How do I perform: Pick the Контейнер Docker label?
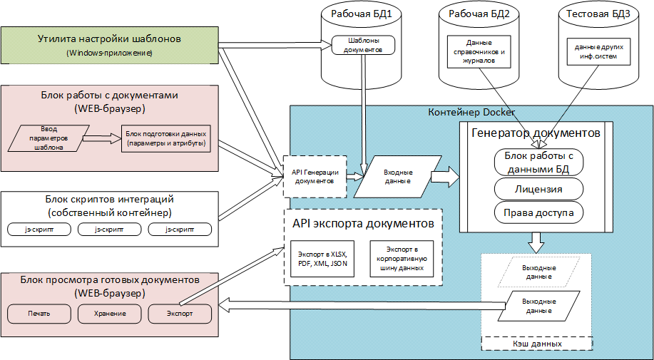coord(471,113)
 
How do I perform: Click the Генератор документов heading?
coord(535,133)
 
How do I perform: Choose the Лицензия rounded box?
coord(538,189)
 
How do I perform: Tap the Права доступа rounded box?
coord(538,212)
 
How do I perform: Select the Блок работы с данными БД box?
coord(538,163)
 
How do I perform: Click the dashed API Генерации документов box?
coord(315,176)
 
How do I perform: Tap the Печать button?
coord(39,314)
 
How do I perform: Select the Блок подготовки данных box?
coord(165,138)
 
